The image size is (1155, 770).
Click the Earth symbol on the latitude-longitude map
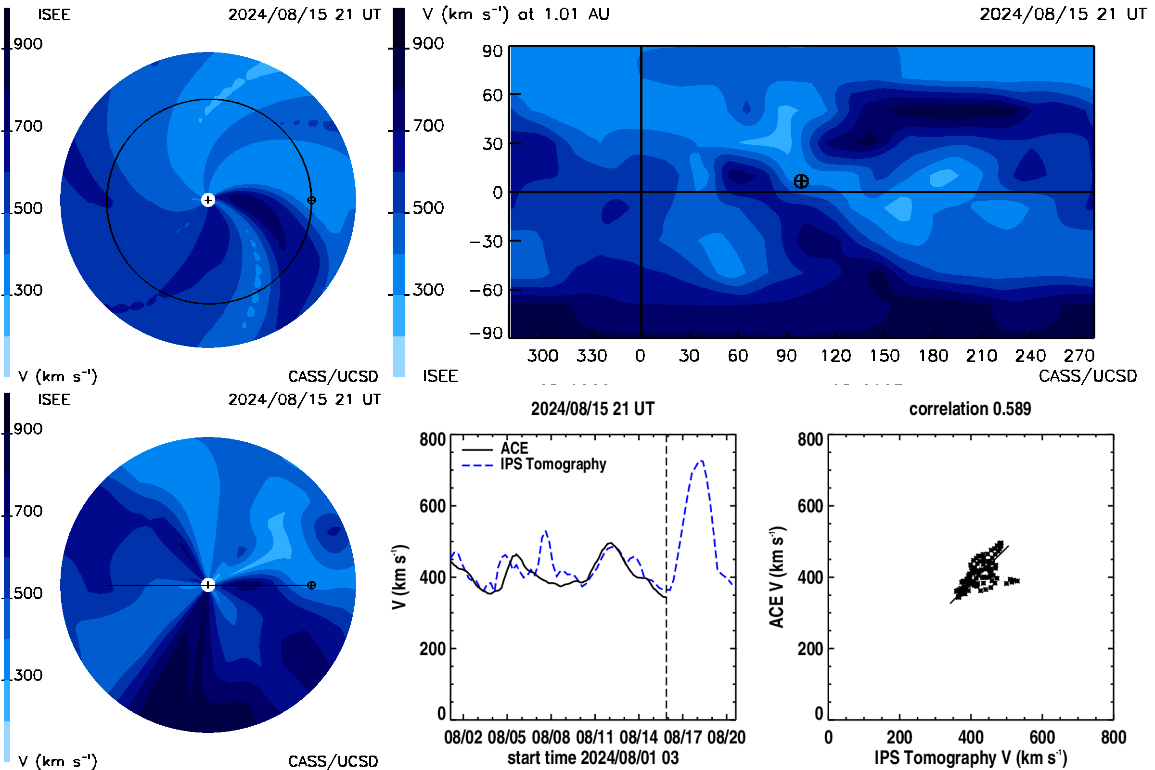tap(801, 181)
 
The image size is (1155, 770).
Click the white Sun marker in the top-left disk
tap(208, 200)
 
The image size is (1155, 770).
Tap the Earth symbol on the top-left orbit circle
tap(311, 200)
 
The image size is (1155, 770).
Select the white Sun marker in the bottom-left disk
tap(208, 585)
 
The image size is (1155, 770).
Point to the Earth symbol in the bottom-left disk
tap(311, 585)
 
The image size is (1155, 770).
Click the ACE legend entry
tap(495, 449)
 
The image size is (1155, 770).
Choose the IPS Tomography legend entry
tap(534, 464)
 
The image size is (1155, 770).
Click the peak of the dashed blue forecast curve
tap(702, 461)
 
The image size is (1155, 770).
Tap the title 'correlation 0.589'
tap(970, 409)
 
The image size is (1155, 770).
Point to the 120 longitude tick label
tap(836, 356)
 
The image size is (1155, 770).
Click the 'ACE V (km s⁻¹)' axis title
tap(777, 577)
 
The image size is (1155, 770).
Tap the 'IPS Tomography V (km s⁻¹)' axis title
tap(971, 757)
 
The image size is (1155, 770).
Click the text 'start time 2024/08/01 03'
tap(593, 757)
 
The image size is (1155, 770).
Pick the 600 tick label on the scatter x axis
tap(1042, 737)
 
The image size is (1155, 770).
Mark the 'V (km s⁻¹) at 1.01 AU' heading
tap(516, 14)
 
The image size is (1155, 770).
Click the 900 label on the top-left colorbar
tap(28, 44)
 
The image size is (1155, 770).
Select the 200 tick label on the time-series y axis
tap(433, 649)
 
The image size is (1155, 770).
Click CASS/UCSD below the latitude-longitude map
tap(1088, 376)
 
